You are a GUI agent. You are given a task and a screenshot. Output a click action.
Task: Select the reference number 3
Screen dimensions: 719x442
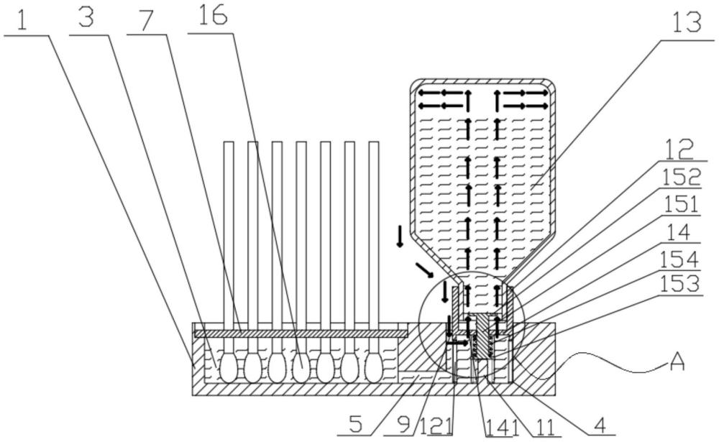[x=86, y=19]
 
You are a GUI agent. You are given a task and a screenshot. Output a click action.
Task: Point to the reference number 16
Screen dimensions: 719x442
[x=213, y=16]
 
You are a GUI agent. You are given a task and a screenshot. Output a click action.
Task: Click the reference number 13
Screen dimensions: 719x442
[x=687, y=23]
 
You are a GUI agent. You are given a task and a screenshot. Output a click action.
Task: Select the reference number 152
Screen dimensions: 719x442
[x=680, y=177]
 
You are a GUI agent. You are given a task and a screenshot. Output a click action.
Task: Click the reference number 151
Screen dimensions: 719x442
[x=680, y=205]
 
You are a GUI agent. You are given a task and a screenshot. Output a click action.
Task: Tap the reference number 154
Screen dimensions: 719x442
[x=679, y=259]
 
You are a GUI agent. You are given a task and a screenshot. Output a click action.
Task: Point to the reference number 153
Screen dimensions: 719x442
[x=679, y=285]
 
